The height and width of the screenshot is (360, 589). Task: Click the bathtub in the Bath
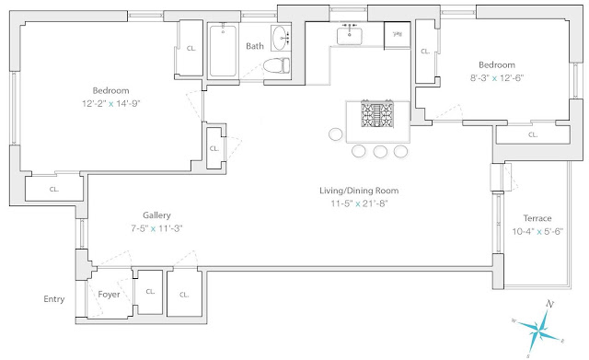(223, 51)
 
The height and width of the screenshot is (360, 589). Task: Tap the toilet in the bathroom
(276, 65)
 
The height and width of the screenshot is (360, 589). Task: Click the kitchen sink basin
(350, 36)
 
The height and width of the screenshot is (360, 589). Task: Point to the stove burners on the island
(377, 114)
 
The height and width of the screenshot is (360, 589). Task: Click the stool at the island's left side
(335, 134)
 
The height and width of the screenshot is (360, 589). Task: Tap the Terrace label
(537, 218)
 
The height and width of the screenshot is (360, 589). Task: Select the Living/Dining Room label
(359, 191)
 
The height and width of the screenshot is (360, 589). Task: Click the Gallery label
(156, 215)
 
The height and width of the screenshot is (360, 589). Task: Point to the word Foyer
(109, 295)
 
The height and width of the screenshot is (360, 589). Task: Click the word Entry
(54, 299)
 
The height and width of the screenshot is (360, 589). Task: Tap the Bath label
(255, 46)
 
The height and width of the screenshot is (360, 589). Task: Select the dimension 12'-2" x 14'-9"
(110, 103)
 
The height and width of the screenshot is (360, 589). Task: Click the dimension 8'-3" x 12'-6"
(497, 78)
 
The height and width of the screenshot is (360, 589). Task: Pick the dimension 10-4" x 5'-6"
(537, 231)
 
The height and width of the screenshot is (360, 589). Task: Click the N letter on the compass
(550, 304)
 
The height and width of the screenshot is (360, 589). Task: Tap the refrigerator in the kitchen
(397, 35)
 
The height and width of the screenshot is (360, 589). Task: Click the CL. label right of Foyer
(150, 292)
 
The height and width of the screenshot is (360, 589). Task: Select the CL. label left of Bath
(191, 49)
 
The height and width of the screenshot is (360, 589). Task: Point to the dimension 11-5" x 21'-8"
(359, 203)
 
